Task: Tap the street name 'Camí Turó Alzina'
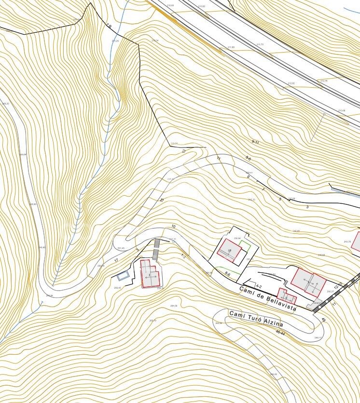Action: (x=256, y=319)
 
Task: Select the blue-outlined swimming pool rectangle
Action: (x=123, y=276)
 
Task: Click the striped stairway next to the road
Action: (x=156, y=249)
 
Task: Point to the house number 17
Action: (x=116, y=261)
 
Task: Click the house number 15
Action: (x=162, y=200)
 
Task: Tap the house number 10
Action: (x=173, y=226)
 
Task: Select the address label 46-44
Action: (x=280, y=333)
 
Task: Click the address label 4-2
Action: (x=259, y=286)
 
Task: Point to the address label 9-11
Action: (x=256, y=142)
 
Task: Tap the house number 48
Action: (x=323, y=320)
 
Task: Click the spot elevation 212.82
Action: (x=291, y=83)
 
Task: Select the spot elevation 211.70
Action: (x=260, y=44)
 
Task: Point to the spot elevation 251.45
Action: (x=121, y=248)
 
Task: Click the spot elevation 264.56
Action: (x=173, y=306)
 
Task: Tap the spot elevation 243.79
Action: (x=346, y=241)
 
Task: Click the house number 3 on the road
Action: (x=307, y=207)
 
